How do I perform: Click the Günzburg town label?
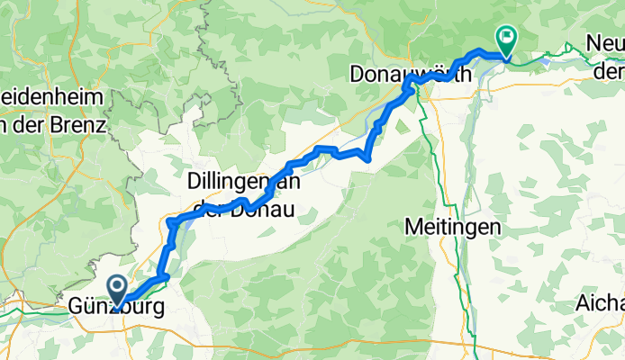117,308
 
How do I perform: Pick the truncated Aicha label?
602,302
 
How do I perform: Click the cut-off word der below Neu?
611,69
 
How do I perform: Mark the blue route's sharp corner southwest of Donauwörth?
368,159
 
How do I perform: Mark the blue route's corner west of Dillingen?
169,220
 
